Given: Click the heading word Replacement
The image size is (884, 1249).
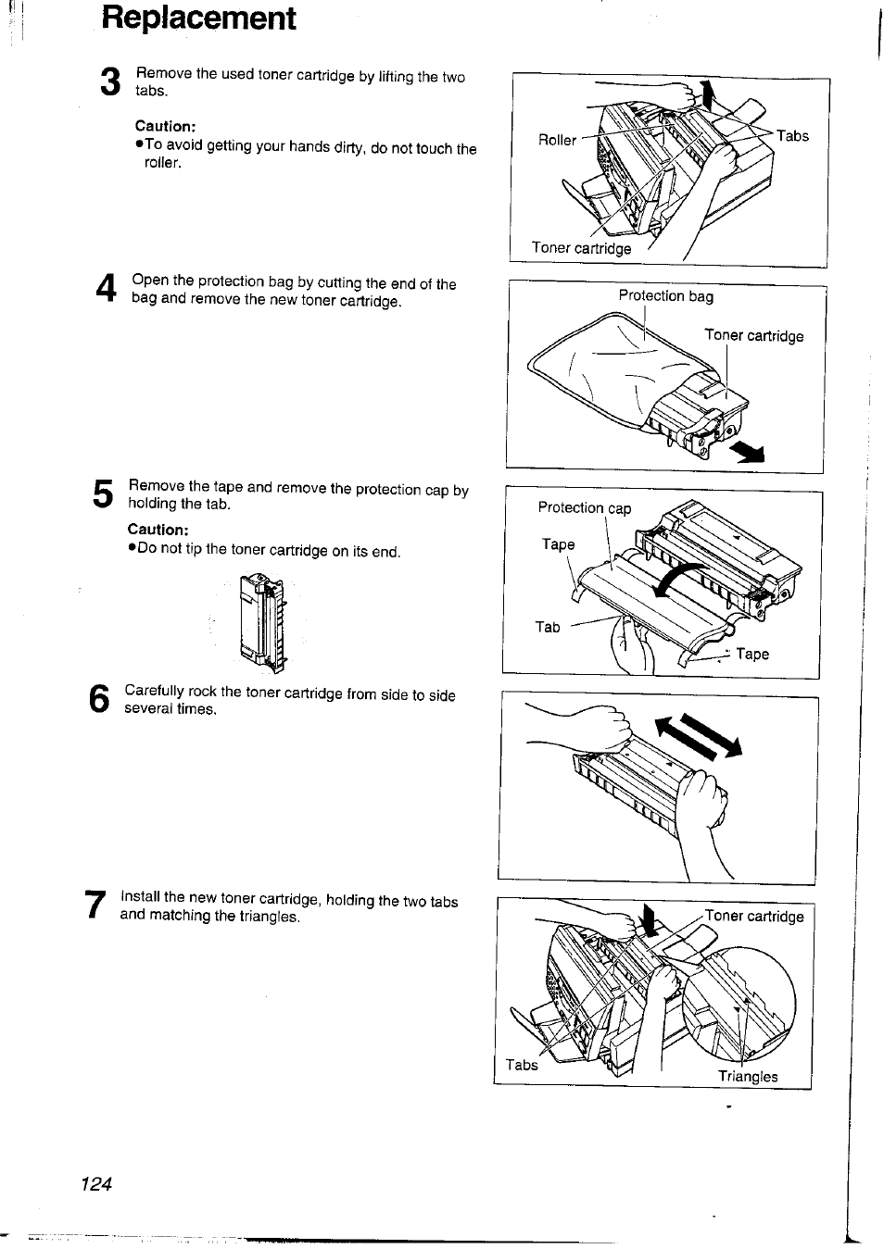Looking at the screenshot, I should [x=198, y=18].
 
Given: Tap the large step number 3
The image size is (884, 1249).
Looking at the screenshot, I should [x=110, y=83].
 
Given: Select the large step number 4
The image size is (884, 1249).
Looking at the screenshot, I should [x=107, y=290].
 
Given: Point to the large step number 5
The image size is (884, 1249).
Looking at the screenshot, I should [x=104, y=494].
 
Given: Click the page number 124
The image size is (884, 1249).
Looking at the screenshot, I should [x=95, y=1184].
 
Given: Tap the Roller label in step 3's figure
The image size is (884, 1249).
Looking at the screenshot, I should [x=557, y=140].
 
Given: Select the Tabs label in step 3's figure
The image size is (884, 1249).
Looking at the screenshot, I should [x=792, y=136].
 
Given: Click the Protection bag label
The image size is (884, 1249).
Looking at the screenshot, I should [x=665, y=296].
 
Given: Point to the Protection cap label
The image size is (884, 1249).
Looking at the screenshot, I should [x=584, y=507].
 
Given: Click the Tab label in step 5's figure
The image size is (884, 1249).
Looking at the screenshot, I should [x=548, y=627].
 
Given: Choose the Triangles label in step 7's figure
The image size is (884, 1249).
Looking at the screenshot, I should [x=748, y=1077].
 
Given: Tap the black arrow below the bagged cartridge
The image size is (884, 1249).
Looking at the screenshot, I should [x=749, y=452].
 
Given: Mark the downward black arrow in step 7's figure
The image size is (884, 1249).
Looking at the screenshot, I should [x=649, y=922].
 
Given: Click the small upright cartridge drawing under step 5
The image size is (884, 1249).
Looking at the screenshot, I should [x=264, y=621].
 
